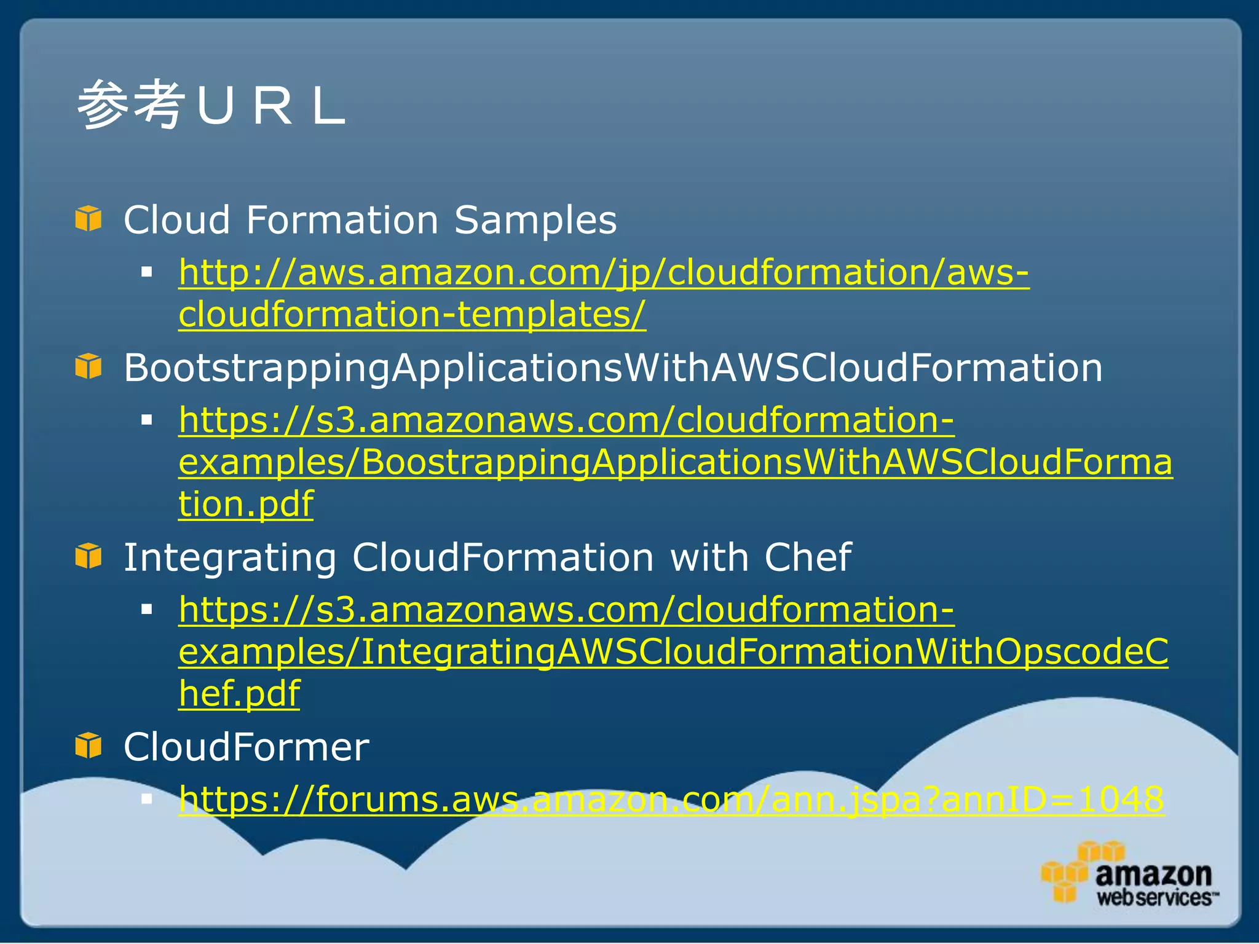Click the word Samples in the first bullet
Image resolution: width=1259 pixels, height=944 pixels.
[x=535, y=220]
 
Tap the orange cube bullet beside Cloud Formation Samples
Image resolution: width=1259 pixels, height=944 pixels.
[x=89, y=219]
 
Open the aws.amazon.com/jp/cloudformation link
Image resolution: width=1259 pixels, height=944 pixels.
[x=603, y=272]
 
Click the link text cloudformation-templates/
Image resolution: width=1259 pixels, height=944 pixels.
[x=412, y=314]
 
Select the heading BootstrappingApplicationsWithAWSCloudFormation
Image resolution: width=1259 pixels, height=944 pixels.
[x=613, y=368]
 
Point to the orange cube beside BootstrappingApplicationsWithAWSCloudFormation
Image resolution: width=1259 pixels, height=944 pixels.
[x=89, y=366]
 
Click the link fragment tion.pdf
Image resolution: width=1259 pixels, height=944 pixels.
[x=246, y=504]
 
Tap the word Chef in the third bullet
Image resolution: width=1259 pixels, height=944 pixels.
[x=807, y=557]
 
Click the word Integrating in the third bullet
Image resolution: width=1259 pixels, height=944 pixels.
[x=230, y=557]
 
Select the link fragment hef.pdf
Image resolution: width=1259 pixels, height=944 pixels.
[x=239, y=693]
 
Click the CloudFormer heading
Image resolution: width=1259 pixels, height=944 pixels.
[x=247, y=747]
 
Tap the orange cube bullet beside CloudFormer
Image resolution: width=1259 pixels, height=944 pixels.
[x=89, y=745]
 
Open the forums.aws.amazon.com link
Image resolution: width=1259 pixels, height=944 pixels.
[x=671, y=800]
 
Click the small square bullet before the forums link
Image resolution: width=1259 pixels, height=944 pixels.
[x=146, y=798]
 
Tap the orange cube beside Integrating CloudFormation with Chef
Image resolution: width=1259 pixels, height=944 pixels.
[x=89, y=556]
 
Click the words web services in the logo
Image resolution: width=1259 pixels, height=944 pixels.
[x=1154, y=897]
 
